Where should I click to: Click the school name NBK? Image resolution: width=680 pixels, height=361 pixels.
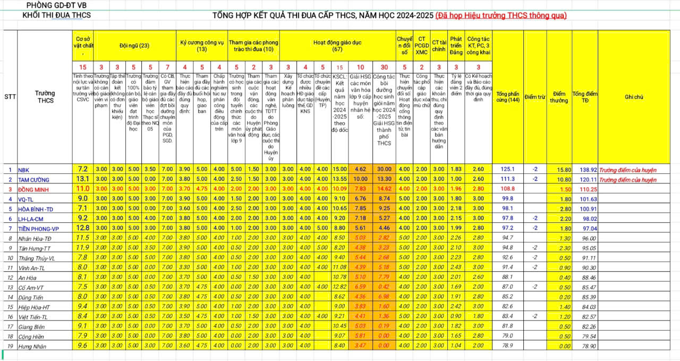pos(24,170)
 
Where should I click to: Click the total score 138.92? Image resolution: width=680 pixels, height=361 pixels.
pos(584,170)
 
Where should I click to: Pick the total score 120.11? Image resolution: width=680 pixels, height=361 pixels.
pos(584,180)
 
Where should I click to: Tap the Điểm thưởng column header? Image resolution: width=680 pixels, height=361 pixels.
pos(558,97)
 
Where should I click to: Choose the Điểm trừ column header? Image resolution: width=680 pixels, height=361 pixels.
pos(535,97)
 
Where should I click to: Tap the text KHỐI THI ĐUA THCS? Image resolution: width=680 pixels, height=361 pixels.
pos(56,15)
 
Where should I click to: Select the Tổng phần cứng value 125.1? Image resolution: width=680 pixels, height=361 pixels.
pos(508,170)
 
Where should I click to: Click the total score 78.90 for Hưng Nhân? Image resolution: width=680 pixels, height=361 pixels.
pos(584,347)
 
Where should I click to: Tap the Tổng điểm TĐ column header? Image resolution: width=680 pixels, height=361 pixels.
pos(585,97)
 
